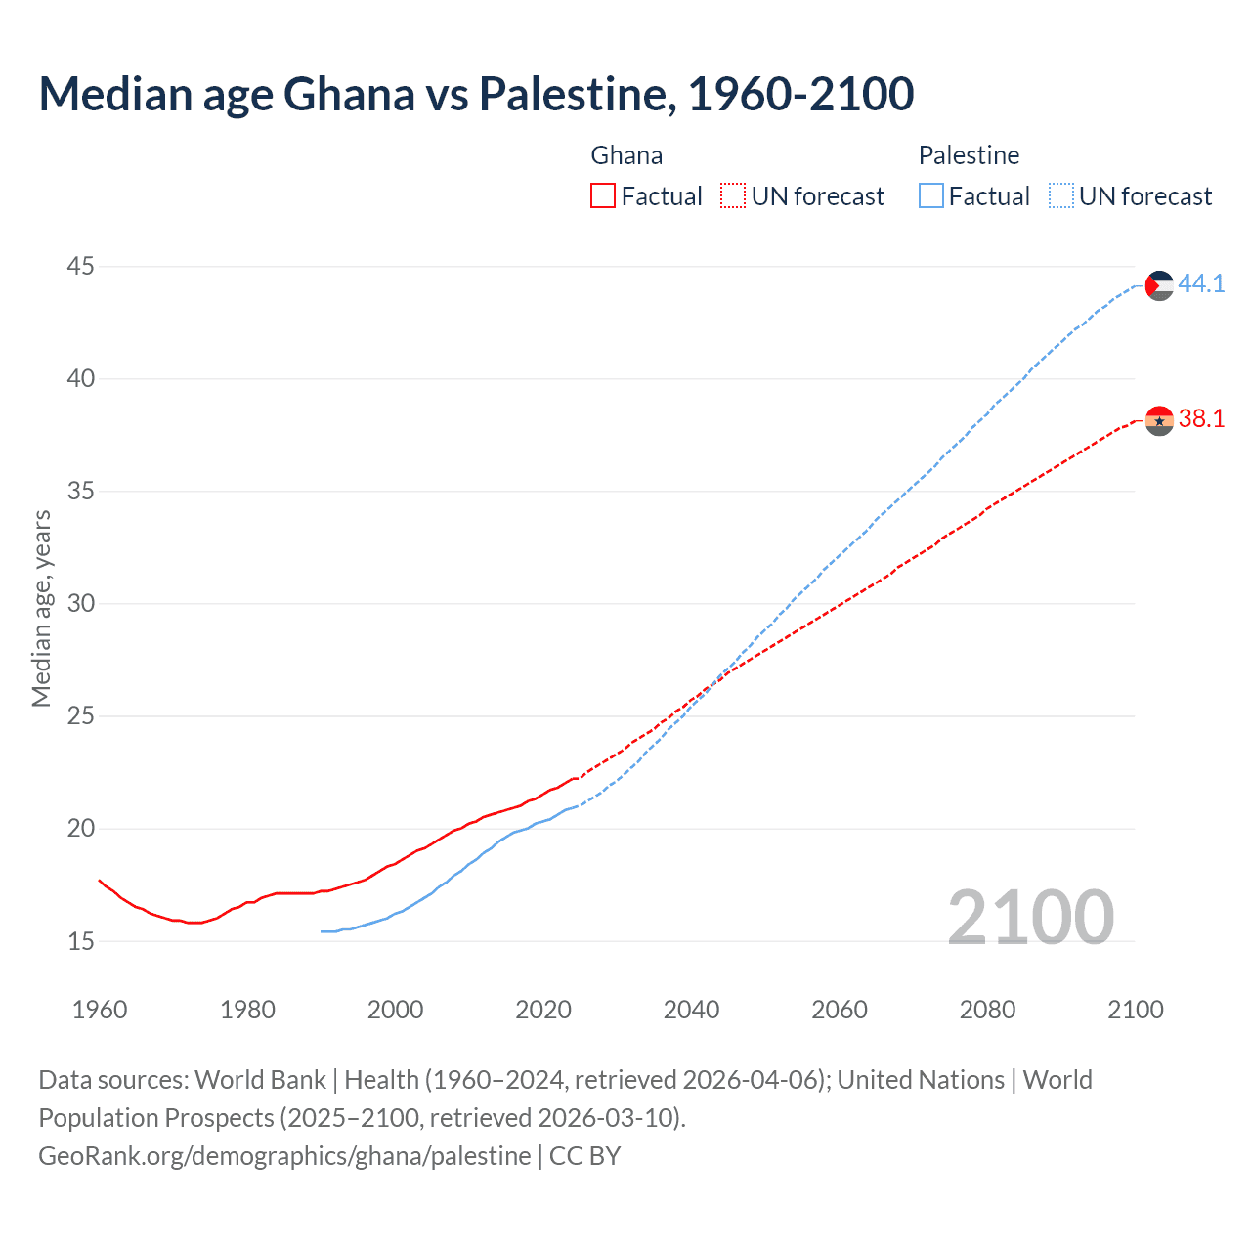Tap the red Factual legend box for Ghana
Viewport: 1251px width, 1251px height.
(603, 195)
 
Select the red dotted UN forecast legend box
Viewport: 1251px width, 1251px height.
(733, 195)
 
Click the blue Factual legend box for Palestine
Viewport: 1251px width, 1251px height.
(931, 195)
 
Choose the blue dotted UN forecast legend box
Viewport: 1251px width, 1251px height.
(1060, 195)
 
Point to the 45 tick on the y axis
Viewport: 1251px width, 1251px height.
(81, 266)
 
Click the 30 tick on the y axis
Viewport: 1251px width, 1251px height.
(81, 603)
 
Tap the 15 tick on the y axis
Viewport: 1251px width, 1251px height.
(81, 941)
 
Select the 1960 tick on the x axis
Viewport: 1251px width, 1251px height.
(100, 1010)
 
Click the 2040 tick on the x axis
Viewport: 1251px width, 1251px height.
(691, 1010)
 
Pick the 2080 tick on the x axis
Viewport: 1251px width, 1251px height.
(987, 1010)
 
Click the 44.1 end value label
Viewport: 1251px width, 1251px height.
(1201, 283)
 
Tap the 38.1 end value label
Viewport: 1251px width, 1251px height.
(1201, 418)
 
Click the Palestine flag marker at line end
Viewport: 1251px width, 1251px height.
(1159, 285)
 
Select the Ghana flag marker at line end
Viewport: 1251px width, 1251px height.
(1159, 420)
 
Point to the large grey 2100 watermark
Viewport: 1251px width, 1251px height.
(1030, 917)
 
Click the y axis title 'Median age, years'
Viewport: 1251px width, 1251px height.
(41, 608)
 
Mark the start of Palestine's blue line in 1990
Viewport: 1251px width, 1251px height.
(322, 931)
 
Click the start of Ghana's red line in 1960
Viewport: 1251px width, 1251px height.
(100, 880)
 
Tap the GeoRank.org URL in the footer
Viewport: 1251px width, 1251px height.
(284, 1155)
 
